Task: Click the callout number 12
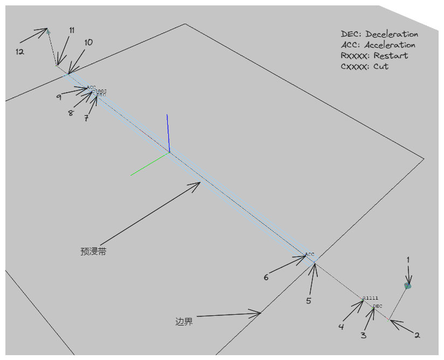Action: point(20,52)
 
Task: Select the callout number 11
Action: point(72,30)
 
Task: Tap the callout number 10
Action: point(88,42)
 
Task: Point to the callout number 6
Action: point(266,278)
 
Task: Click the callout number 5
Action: point(309,301)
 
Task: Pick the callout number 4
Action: point(341,327)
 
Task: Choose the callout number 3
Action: point(364,335)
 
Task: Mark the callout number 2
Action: point(416,335)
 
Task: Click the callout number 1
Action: point(408,260)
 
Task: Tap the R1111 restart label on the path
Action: point(370,298)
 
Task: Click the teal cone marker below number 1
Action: point(408,286)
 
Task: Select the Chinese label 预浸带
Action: point(93,251)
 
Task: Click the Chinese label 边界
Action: point(184,322)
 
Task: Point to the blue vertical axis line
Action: point(168,133)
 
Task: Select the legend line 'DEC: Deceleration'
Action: point(379,34)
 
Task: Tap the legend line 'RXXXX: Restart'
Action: point(374,56)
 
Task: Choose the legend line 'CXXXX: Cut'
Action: point(365,67)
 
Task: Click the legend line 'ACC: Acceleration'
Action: point(378,45)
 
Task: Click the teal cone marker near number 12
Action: point(49,32)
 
